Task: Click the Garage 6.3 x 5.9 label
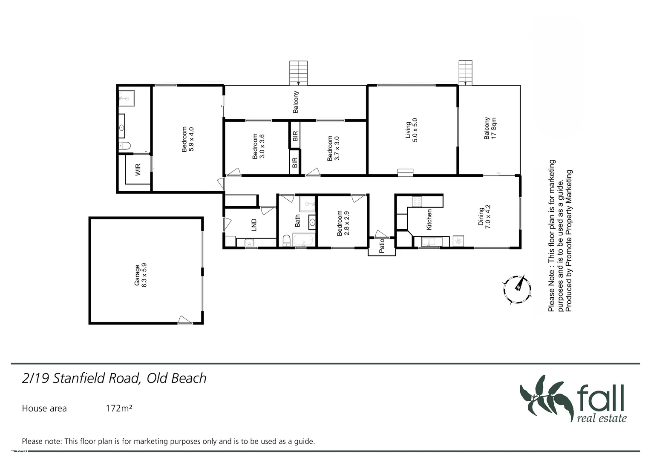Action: pyautogui.click(x=141, y=276)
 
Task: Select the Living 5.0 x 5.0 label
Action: pyautogui.click(x=412, y=129)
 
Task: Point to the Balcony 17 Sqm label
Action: pyautogui.click(x=490, y=129)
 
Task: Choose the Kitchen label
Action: pyautogui.click(x=429, y=219)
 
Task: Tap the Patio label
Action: pyautogui.click(x=382, y=246)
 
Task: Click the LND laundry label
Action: pyautogui.click(x=254, y=224)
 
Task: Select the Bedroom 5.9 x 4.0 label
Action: pyautogui.click(x=187, y=139)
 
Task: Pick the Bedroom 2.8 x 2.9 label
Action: pyautogui.click(x=343, y=223)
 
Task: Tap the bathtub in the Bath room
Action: pyautogui.click(x=303, y=241)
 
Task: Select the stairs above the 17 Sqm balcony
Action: pyautogui.click(x=465, y=72)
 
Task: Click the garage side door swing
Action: pyautogui.click(x=184, y=320)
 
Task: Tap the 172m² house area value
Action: pyautogui.click(x=119, y=408)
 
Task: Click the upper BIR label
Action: pyautogui.click(x=295, y=136)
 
